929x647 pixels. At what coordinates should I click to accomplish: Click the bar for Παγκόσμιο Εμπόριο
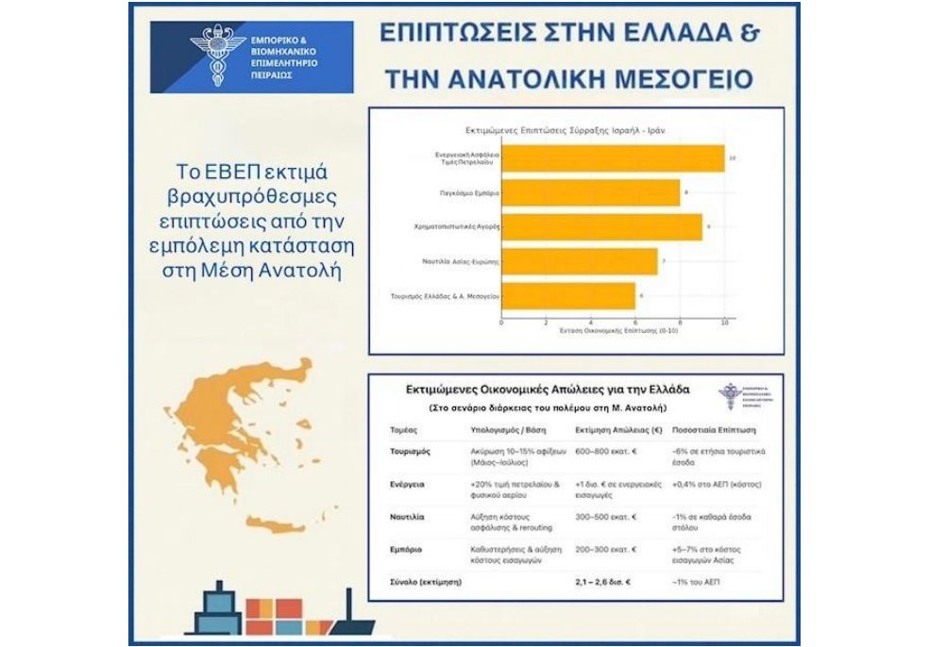coord(590,192)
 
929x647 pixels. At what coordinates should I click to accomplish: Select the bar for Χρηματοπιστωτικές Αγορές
coord(601,227)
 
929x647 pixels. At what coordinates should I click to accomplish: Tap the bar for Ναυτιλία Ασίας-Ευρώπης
coord(579,261)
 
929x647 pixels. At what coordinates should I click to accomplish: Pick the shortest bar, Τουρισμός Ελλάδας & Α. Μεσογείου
coord(567,296)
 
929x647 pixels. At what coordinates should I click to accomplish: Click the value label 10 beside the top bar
coord(733,158)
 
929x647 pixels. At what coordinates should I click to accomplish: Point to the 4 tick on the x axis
coord(590,323)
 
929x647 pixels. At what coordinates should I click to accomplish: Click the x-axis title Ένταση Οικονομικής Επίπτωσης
coord(612,331)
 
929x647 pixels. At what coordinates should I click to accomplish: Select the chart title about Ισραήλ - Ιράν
coord(566,128)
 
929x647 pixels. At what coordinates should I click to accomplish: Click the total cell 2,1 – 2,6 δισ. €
coord(603,583)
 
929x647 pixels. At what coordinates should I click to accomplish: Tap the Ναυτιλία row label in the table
coord(408,518)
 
